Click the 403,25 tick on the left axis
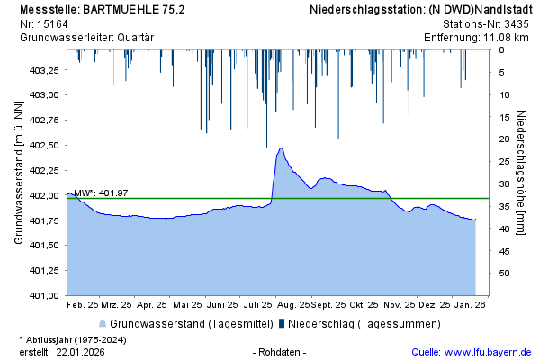tap(45, 70)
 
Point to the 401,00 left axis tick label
tap(45, 295)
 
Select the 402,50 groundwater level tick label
tap(45, 145)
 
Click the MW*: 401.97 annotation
tap(101, 193)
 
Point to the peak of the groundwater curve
tap(281, 148)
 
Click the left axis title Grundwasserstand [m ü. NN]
tap(19, 172)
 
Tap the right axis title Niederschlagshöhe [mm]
tap(522, 172)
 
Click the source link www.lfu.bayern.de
tap(487, 352)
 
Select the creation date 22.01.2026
tap(80, 352)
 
